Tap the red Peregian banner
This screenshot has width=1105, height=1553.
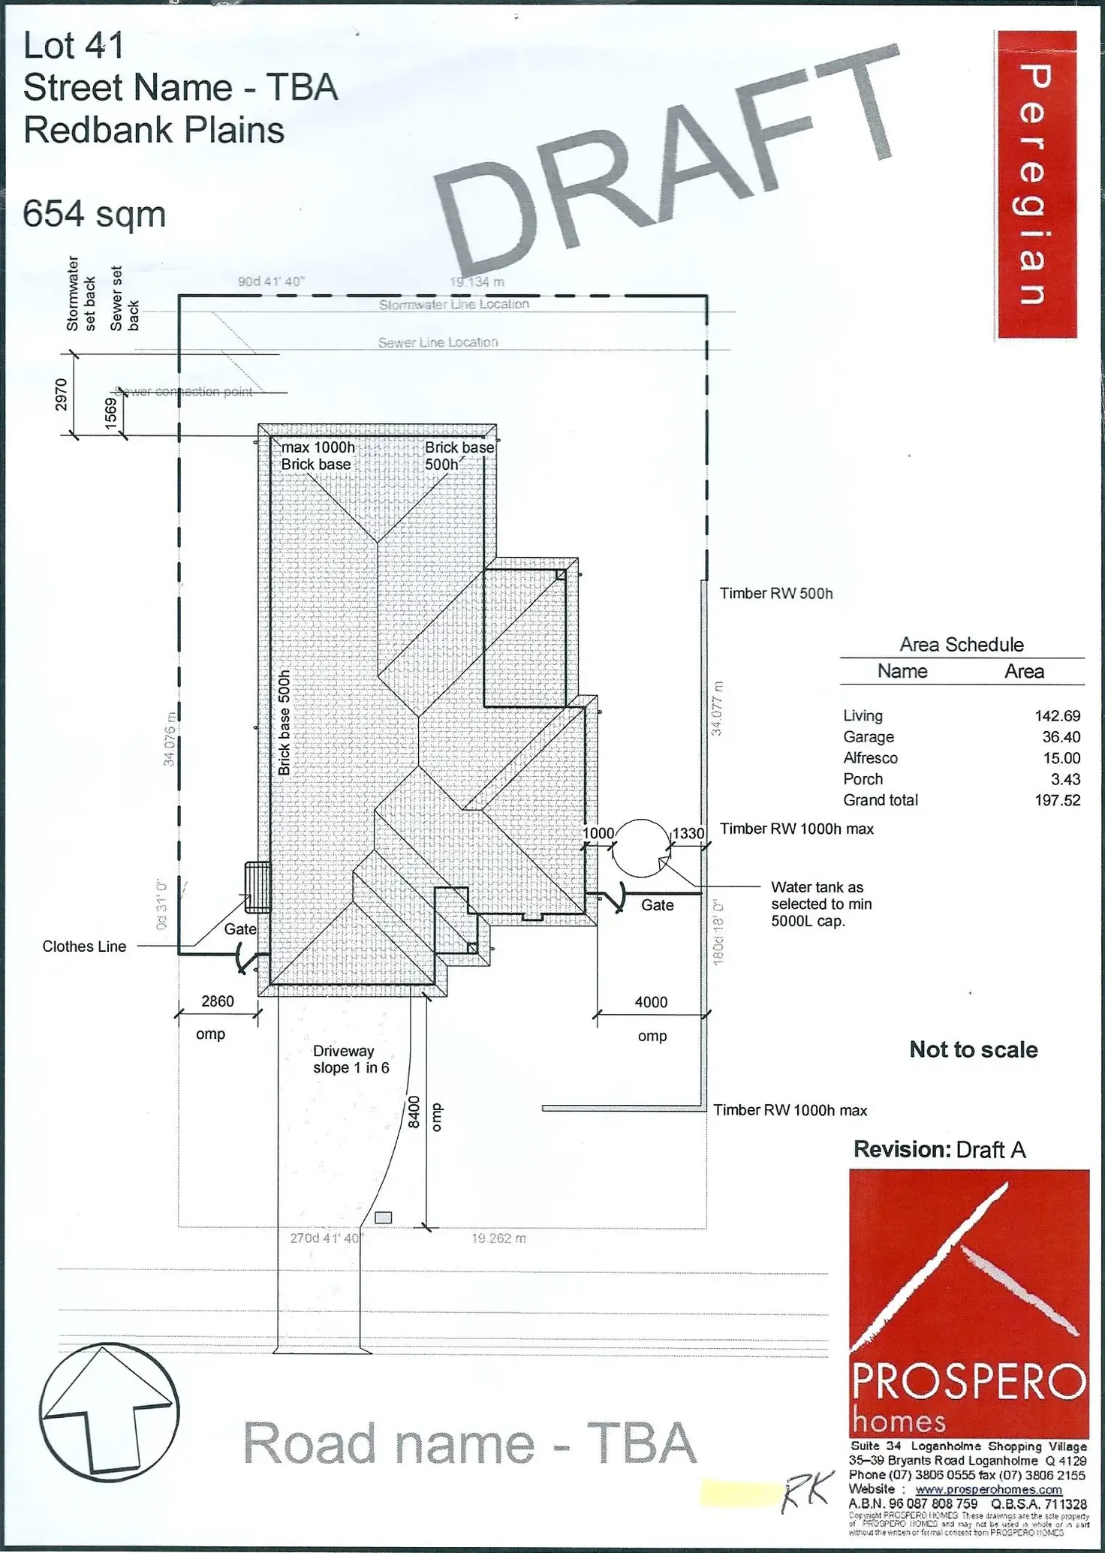tap(1035, 185)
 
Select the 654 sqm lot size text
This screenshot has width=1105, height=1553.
tap(95, 215)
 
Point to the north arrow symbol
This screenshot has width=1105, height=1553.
tap(109, 1410)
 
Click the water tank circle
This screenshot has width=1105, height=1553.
tap(640, 848)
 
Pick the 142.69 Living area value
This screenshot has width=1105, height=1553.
tap(1057, 716)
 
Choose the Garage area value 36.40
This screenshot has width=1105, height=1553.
tap(1061, 737)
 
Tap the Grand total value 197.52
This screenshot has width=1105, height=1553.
tap(1057, 800)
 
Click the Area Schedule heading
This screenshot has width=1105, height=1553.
tap(962, 645)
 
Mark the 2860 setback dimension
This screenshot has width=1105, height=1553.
tap(218, 1001)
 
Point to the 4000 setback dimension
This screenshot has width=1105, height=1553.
tap(651, 1002)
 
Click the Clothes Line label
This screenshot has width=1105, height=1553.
tap(84, 947)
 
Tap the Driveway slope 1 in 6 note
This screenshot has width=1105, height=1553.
tap(351, 1059)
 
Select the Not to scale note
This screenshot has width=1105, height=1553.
tap(974, 1049)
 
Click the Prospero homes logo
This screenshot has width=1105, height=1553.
tap(968, 1303)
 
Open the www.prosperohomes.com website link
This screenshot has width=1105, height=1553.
tap(989, 1490)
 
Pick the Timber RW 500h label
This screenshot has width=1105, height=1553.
tap(776, 594)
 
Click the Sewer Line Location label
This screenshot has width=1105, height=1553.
tap(438, 342)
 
